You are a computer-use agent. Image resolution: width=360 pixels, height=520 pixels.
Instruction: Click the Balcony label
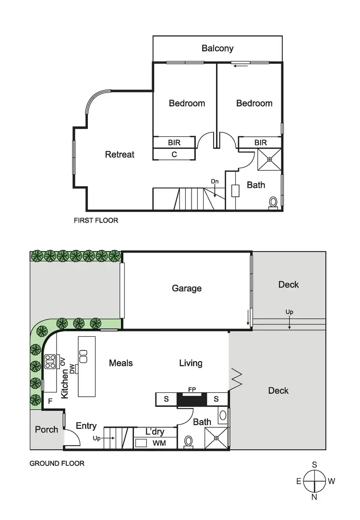tap(217, 48)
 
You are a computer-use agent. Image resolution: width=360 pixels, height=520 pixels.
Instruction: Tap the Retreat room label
tap(120, 154)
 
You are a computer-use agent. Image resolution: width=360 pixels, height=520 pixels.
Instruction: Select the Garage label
tap(187, 288)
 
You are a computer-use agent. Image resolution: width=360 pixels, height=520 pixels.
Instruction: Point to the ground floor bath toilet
tap(189, 441)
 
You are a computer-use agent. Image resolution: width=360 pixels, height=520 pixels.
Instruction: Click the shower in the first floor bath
tap(269, 160)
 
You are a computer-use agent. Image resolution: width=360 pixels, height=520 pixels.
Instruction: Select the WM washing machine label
tap(159, 443)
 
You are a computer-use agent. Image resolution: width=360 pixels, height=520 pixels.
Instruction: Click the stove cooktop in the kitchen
tap(50, 361)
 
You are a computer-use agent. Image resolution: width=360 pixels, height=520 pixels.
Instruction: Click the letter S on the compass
tap(314, 464)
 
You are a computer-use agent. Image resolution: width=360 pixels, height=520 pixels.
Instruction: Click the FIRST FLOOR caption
tap(96, 221)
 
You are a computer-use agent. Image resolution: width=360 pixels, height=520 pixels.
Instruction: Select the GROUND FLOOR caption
tap(57, 463)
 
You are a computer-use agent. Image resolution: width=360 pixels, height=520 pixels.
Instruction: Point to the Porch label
tap(47, 429)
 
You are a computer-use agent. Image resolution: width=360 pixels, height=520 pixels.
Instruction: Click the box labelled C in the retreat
tap(174, 154)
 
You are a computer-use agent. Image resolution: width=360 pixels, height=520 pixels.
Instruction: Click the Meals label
tap(120, 363)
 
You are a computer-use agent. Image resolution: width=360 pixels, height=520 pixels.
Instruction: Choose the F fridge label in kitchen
tap(49, 401)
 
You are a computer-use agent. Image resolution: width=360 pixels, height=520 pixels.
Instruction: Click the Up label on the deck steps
tap(289, 312)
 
